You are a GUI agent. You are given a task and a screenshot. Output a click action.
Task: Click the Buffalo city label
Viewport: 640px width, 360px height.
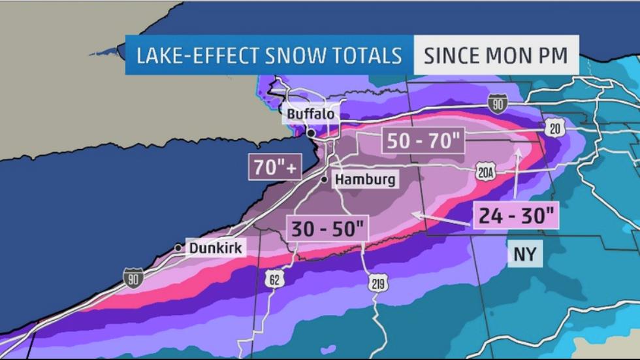(311, 114)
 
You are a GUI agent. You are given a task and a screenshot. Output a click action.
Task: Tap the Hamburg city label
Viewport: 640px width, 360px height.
(365, 179)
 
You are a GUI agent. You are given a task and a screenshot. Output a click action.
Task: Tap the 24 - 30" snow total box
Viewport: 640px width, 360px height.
(516, 215)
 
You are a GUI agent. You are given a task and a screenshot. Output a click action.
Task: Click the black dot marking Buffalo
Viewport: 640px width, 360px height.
(312, 133)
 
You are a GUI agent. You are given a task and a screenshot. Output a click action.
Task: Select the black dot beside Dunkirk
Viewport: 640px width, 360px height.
(178, 248)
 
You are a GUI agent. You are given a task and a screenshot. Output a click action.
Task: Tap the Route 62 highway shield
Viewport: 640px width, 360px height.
(274, 280)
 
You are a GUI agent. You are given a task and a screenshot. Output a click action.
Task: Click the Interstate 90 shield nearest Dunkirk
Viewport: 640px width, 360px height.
(133, 278)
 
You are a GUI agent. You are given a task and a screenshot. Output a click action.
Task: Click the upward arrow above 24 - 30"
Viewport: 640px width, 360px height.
(517, 173)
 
